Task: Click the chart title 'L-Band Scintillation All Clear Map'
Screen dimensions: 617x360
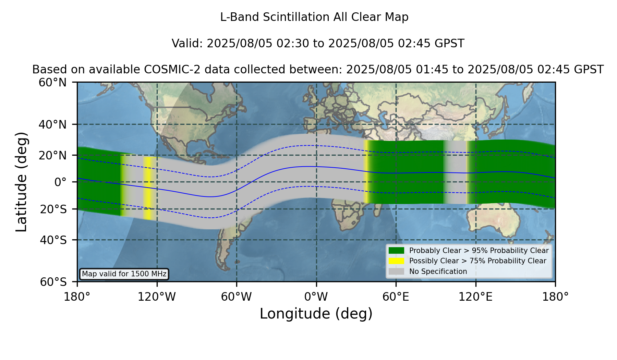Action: (x=314, y=17)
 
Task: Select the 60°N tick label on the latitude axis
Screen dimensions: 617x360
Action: (x=53, y=82)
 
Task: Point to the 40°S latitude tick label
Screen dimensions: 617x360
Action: (x=53, y=240)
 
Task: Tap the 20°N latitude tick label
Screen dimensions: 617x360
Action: (x=53, y=155)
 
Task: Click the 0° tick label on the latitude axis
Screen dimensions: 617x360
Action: (x=60, y=182)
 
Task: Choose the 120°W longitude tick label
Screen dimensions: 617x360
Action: (x=157, y=297)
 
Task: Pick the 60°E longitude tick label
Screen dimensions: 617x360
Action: (x=396, y=297)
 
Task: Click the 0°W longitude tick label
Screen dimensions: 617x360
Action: (x=316, y=297)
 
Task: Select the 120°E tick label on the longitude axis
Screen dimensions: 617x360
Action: (x=475, y=297)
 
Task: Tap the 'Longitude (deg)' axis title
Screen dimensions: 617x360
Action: (x=316, y=314)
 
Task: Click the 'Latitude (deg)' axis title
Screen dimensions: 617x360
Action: (x=21, y=182)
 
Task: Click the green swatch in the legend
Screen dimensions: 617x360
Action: (x=397, y=250)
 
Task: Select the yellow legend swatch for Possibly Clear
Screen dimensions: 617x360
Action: (x=397, y=261)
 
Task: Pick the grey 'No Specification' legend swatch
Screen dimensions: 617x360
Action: (x=397, y=271)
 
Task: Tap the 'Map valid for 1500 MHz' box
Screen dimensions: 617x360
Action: (x=124, y=274)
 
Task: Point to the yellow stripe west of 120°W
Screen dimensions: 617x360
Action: (x=147, y=188)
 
